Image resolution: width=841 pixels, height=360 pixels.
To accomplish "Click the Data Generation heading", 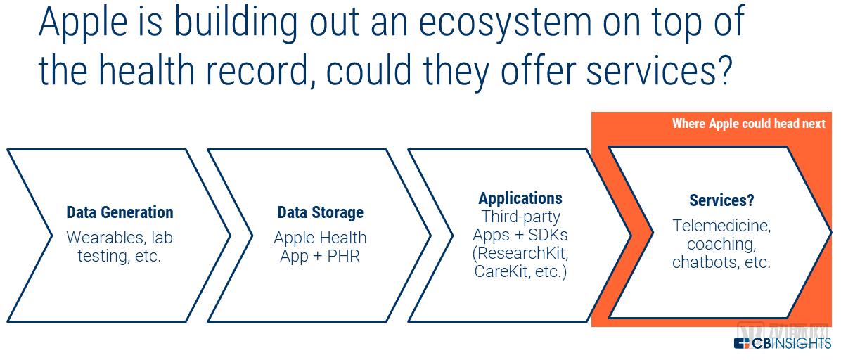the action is coord(120,212).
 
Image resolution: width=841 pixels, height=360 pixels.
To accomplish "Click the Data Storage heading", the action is coord(320,212).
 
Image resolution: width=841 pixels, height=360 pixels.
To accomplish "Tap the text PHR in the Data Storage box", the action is coord(343,256).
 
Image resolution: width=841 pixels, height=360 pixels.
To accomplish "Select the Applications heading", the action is coord(520,198).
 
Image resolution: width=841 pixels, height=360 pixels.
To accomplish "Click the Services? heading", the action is coord(721,200).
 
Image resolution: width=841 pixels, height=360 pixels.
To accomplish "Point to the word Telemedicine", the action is coord(721,226).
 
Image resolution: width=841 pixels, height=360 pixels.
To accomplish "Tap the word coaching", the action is coord(721,244).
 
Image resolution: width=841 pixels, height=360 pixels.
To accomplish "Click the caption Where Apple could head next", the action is coord(748,124).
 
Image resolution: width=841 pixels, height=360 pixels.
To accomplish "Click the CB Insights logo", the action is coord(782,343).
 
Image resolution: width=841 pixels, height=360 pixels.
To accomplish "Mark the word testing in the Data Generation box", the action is coord(103,256).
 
